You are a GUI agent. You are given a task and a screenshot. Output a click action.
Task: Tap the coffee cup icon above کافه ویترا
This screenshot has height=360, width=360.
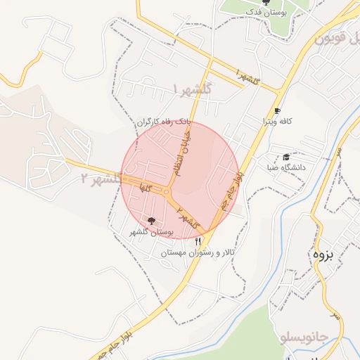(277, 111)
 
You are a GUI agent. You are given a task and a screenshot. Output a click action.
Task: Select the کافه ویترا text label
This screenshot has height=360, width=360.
(278, 122)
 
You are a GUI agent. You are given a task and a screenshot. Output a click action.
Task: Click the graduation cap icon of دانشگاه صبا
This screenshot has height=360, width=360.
(286, 157)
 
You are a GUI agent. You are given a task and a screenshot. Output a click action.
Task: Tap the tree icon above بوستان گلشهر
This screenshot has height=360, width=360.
(152, 221)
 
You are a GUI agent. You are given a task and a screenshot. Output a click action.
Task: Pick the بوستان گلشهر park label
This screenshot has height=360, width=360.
(152, 231)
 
